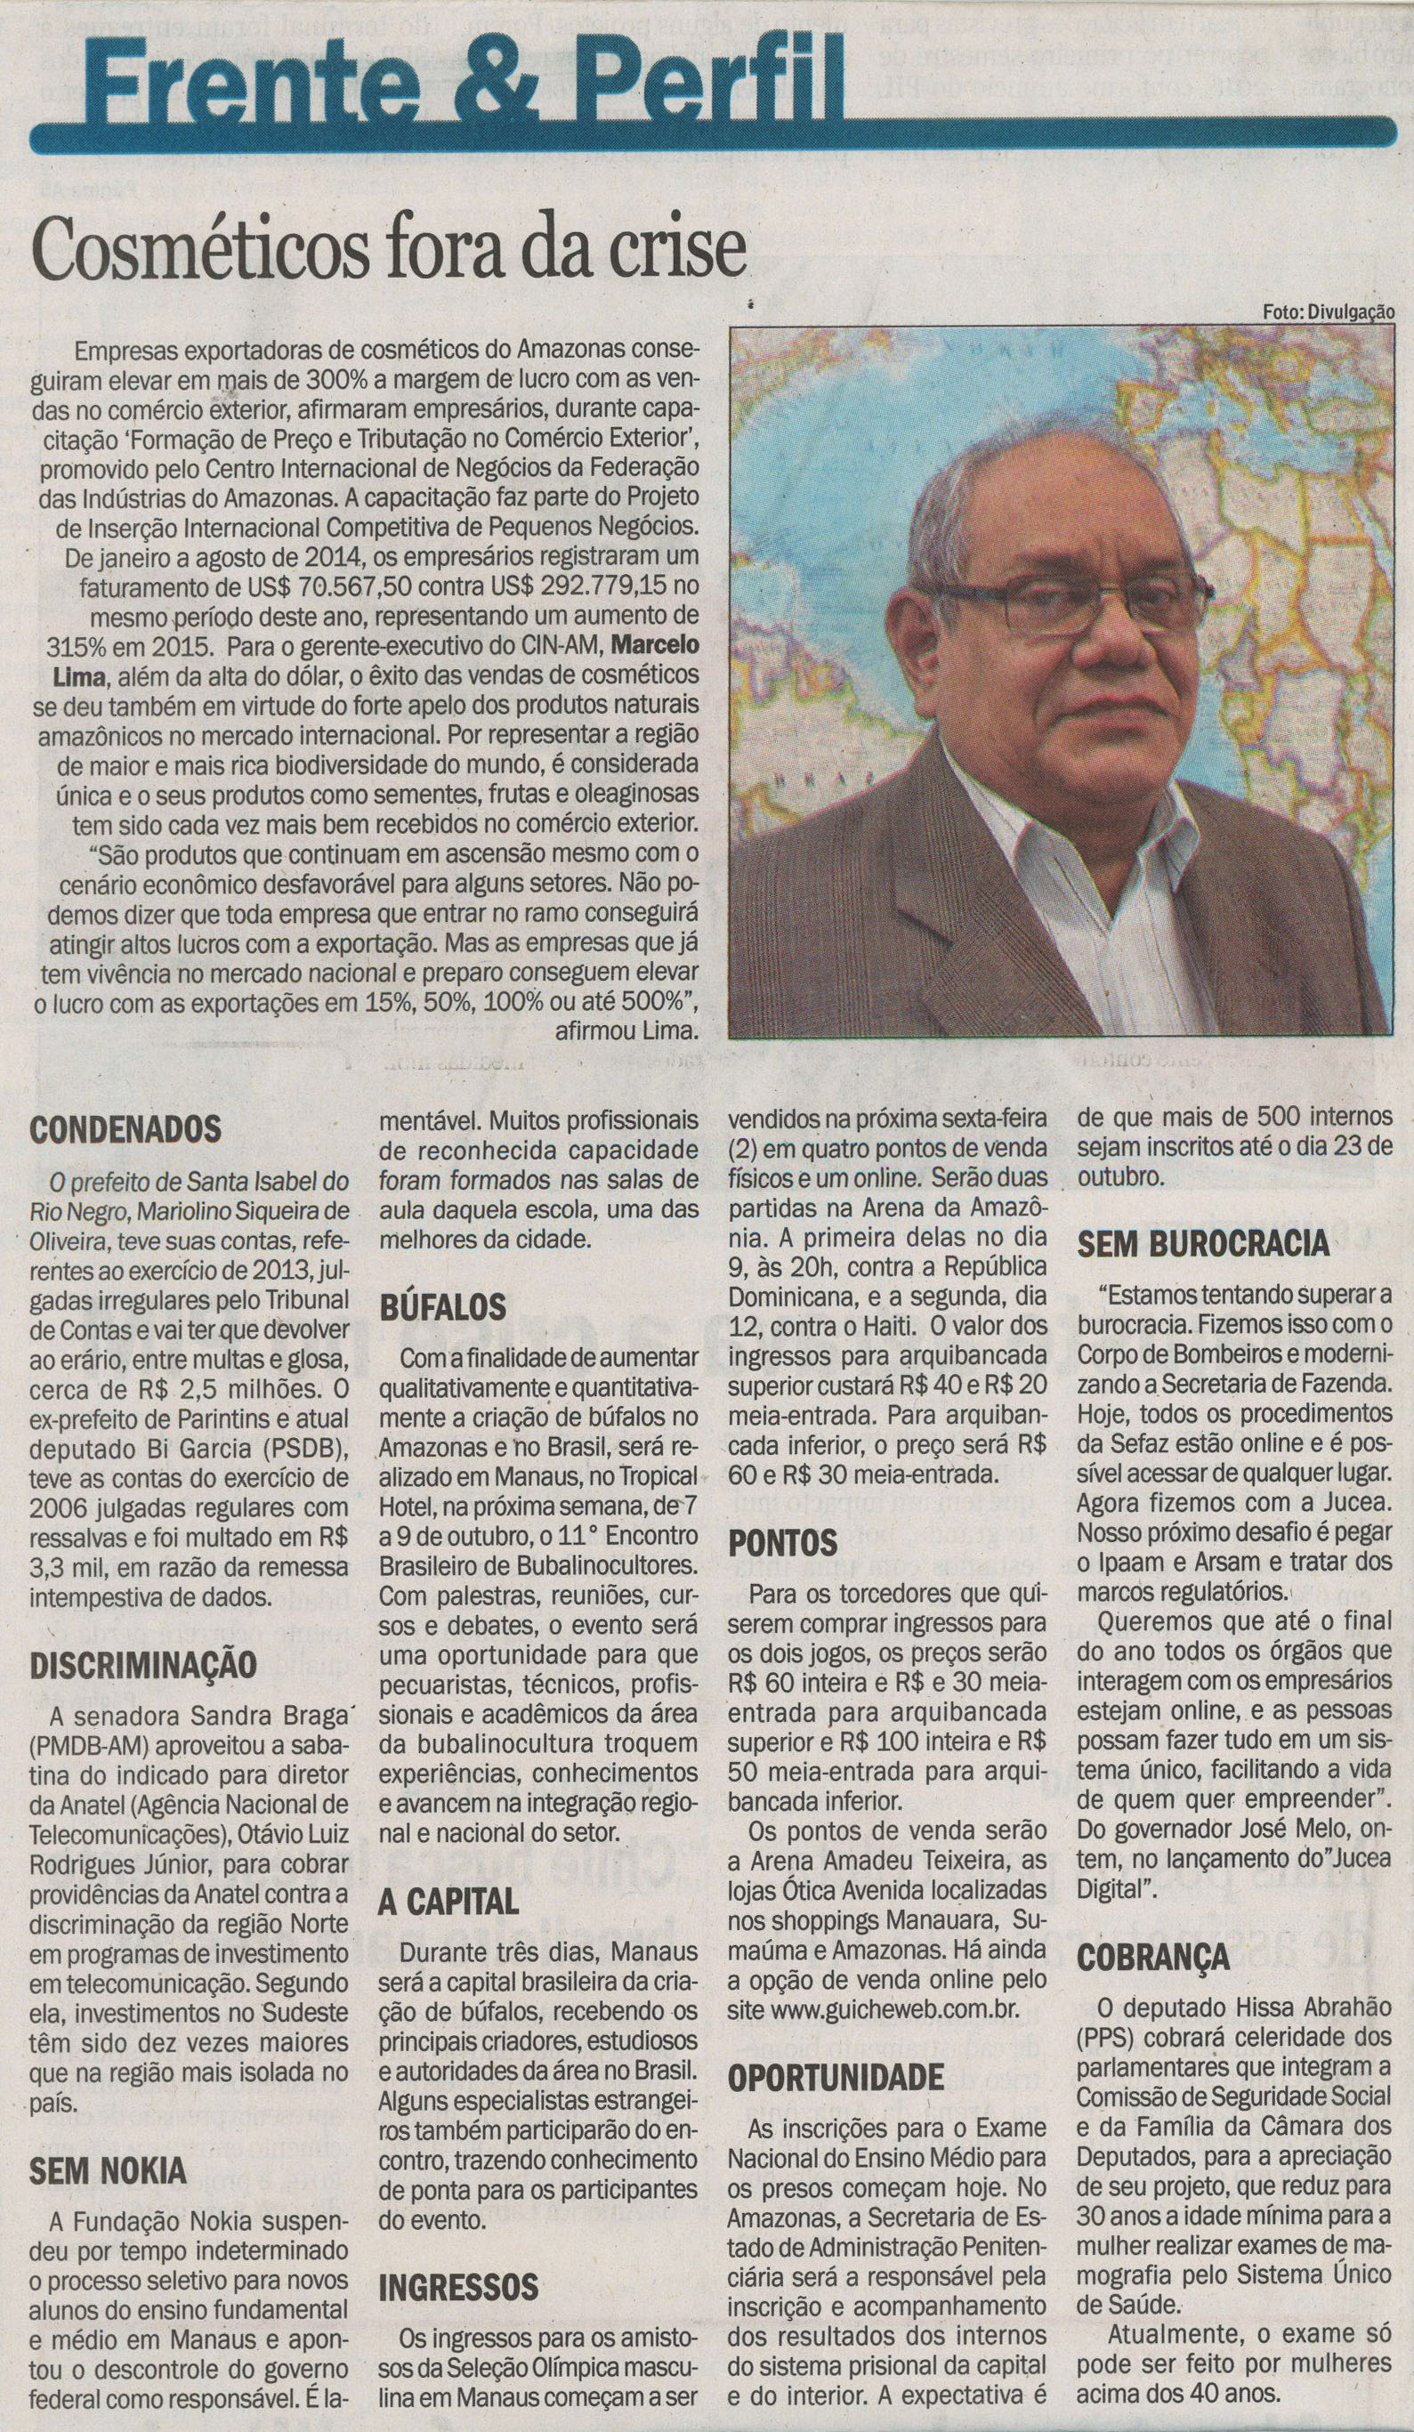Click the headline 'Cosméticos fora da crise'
pos(389,250)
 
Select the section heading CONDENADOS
pos(125,1129)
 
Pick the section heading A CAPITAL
pos(448,1900)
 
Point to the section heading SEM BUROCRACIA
pos(1202,1244)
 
